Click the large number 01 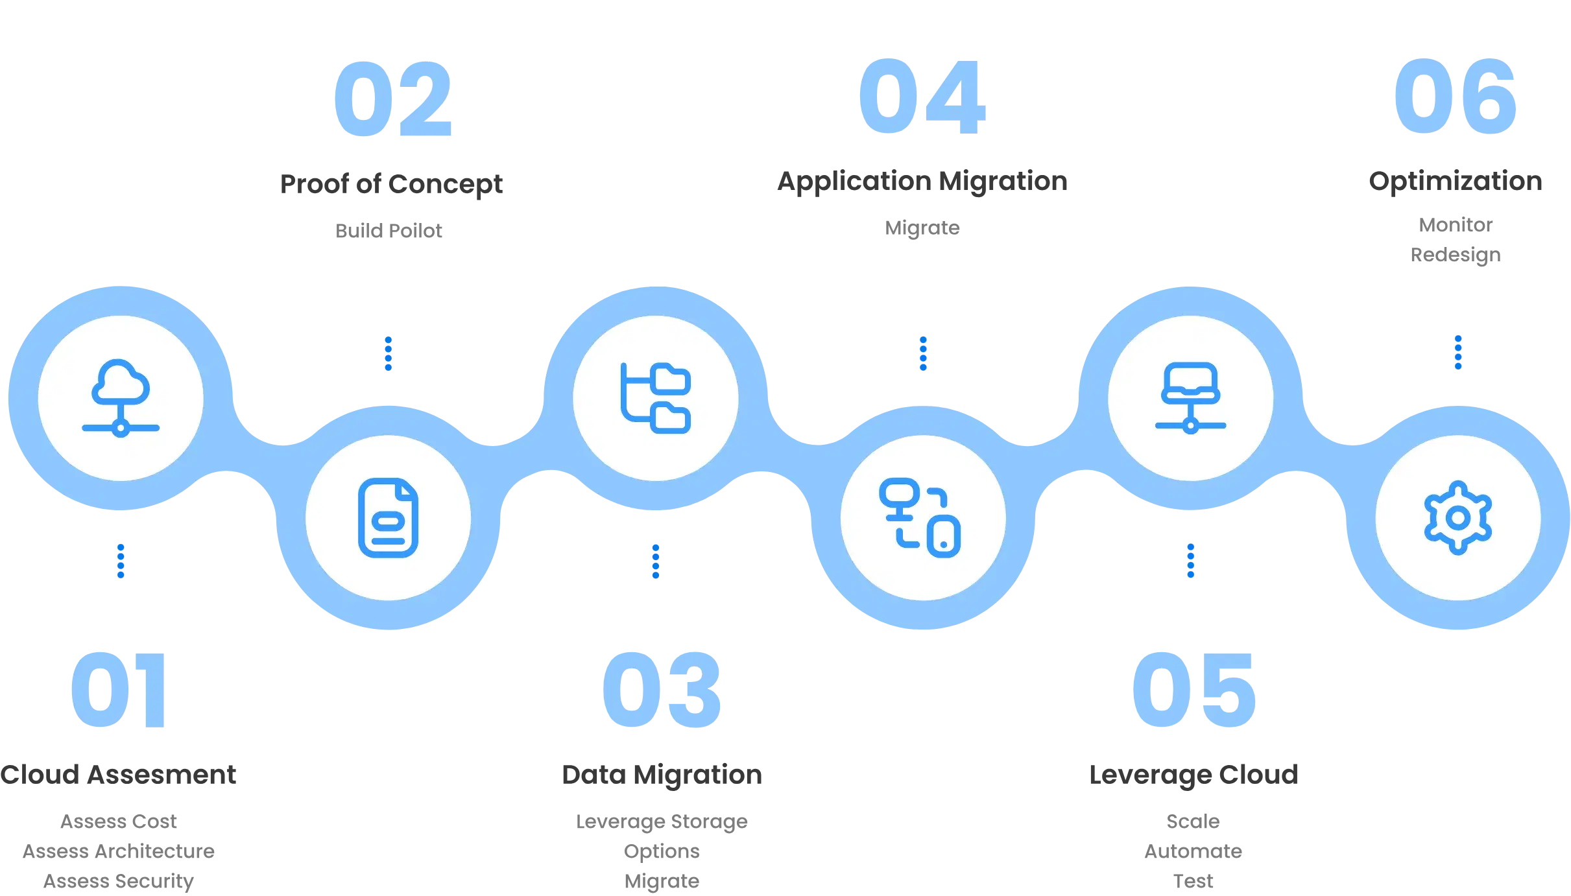118,691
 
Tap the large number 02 392,99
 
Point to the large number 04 921,97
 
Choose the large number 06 1455,97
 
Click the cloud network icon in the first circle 121,398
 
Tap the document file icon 388,518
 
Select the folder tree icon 656,398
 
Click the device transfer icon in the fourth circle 920,518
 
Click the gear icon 1457,518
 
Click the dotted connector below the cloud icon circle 119,561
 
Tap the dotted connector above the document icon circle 389,353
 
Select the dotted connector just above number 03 655,561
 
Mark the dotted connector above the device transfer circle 923,353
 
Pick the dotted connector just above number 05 1190,561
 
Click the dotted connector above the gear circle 1457,353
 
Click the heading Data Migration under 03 661,776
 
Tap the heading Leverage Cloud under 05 1193,776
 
